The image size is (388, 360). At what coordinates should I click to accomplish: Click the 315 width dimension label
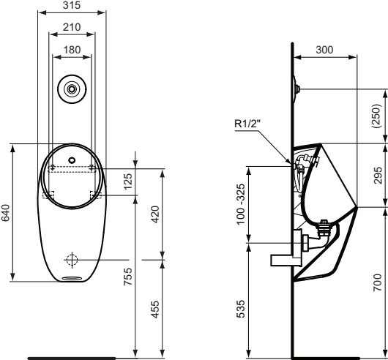coord(72,5)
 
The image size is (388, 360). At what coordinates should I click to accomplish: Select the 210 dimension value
coord(72,27)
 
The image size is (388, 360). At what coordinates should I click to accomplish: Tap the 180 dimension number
coord(72,50)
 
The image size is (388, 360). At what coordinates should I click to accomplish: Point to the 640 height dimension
coord(5,213)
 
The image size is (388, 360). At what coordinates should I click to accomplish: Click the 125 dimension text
coord(128,181)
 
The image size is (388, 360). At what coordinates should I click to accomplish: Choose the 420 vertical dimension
coord(155,214)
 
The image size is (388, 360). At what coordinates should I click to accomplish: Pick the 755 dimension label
coord(128,277)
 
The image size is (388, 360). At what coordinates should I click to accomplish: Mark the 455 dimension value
coord(155,310)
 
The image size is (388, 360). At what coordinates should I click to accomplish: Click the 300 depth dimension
coord(324,50)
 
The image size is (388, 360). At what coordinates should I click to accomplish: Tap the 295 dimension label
coord(378,176)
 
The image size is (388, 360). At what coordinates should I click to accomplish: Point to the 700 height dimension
coord(378,282)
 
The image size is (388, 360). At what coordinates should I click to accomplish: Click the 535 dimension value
coord(241,309)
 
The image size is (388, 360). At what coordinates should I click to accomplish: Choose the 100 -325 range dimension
coord(241,204)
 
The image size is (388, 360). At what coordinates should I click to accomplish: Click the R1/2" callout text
coord(247,124)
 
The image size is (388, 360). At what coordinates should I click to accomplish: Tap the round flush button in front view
coord(72,89)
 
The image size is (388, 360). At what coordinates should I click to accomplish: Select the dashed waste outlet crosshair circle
coord(72,260)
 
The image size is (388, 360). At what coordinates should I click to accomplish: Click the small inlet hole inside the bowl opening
coord(72,160)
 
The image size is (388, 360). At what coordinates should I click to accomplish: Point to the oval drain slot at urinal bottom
coord(72,278)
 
